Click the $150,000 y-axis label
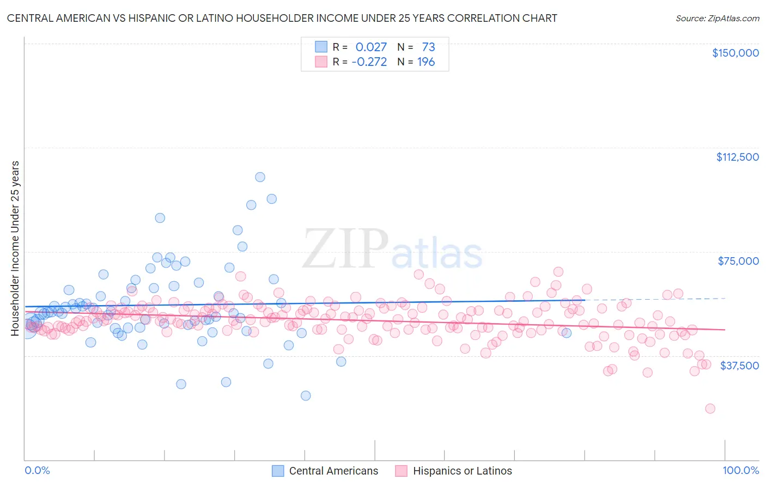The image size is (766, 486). point(735,53)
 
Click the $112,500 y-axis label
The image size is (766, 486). point(737,157)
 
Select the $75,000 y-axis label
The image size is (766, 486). point(738,261)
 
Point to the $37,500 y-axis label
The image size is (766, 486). point(739,366)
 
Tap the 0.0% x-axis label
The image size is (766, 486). point(37,471)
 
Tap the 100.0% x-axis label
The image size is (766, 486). point(740,471)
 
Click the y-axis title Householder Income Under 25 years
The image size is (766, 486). point(15,248)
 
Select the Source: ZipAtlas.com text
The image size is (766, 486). point(717,18)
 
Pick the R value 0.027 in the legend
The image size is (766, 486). point(371,47)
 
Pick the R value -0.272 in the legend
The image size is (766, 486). point(369,62)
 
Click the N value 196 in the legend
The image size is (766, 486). point(426,62)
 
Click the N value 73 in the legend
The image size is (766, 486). point(428,47)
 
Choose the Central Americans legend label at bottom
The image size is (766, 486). point(333,471)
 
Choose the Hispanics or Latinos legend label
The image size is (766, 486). point(463,471)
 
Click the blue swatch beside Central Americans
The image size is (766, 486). point(278,471)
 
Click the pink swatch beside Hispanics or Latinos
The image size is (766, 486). point(402,471)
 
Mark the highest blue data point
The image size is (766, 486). point(260,177)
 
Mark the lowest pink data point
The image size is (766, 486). point(710,409)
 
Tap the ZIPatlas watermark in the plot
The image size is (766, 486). point(392,250)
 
